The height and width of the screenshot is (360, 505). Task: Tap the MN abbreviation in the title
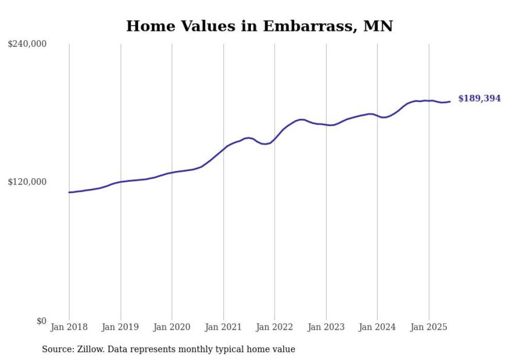click(x=378, y=26)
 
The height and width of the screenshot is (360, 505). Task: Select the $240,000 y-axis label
click(x=27, y=44)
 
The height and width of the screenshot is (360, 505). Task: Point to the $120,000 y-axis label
click(x=27, y=182)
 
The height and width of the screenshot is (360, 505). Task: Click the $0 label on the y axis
click(x=41, y=321)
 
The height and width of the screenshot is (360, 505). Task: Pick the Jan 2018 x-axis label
click(x=69, y=327)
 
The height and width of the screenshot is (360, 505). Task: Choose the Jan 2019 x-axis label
click(x=120, y=327)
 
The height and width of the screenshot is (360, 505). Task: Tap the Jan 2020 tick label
click(x=172, y=327)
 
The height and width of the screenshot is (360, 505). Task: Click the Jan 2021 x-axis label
click(x=223, y=327)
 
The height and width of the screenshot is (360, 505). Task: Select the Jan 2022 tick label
click(x=275, y=327)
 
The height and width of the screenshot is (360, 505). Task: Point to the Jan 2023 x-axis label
click(x=326, y=327)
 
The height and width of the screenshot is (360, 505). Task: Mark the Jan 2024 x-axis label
click(x=377, y=327)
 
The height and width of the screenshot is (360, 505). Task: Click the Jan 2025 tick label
click(x=429, y=327)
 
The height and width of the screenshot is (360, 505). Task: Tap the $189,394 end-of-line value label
click(x=479, y=98)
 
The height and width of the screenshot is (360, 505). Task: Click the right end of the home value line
click(x=450, y=101)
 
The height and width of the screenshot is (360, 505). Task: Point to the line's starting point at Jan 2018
click(x=69, y=192)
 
